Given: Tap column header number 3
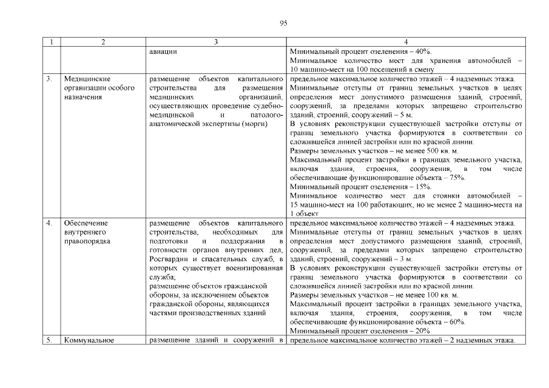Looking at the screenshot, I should [216, 42].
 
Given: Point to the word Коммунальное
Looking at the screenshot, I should [89, 339].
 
